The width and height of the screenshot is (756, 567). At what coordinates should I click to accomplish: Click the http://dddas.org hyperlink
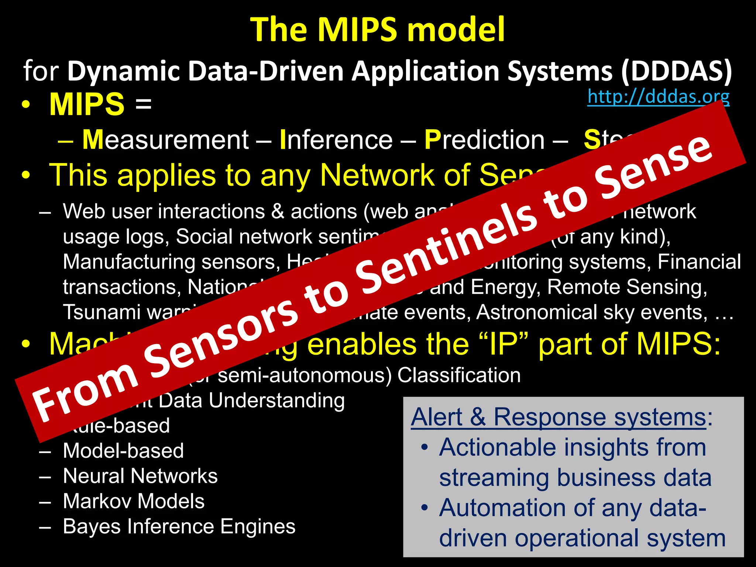(658, 97)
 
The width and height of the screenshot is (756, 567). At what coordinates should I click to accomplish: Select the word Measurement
(165, 140)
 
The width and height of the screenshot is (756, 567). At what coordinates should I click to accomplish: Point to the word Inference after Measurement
(336, 140)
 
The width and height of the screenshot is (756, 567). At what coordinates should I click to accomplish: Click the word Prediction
(484, 140)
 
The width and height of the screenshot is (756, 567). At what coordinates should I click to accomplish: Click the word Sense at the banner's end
(653, 166)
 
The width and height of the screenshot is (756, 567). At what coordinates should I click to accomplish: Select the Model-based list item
(123, 451)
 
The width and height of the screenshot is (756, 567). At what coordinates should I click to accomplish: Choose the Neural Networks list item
(140, 476)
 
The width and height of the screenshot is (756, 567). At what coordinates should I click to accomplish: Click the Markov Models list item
(134, 501)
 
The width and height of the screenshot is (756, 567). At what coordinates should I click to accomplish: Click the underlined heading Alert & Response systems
(559, 417)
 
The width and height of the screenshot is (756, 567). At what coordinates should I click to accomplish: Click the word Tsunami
(102, 312)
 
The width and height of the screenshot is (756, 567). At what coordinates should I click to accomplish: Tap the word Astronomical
(537, 312)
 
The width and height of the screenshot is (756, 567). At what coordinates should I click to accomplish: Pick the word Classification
(459, 375)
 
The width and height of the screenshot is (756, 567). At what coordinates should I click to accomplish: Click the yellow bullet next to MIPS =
(25, 104)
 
